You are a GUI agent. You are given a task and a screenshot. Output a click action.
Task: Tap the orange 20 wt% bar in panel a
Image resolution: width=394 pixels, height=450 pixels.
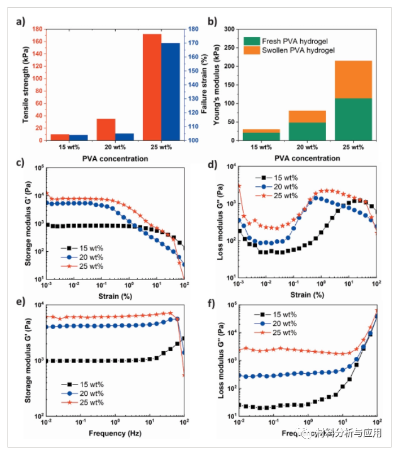(x=106, y=128)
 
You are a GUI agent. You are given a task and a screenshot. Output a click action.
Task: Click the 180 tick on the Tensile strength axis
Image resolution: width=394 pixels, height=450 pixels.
(x=42, y=29)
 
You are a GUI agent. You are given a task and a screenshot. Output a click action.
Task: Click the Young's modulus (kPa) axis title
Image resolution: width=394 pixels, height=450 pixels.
(x=218, y=85)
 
